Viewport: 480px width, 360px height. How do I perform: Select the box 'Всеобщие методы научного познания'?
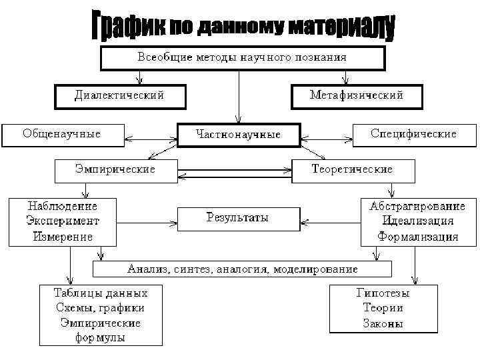point(242,58)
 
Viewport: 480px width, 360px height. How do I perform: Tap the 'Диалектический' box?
point(119,96)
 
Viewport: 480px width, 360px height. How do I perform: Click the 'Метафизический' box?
point(357,96)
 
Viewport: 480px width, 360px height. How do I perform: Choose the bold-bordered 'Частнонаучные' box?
point(239,135)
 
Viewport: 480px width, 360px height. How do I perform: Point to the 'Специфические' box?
point(413,134)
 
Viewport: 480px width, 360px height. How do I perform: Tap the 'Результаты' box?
point(237,218)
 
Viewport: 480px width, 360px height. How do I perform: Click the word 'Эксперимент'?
point(61,221)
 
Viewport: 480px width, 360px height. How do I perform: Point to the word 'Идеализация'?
point(417,221)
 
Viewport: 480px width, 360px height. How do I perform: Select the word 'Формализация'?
point(417,236)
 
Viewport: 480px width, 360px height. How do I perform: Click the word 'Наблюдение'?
point(61,206)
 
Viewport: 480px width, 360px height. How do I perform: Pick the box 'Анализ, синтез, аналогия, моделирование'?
point(242,269)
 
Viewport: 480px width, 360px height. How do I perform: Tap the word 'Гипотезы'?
point(383,293)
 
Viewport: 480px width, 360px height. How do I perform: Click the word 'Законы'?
point(383,324)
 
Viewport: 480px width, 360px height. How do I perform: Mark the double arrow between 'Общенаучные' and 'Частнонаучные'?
point(151,141)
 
